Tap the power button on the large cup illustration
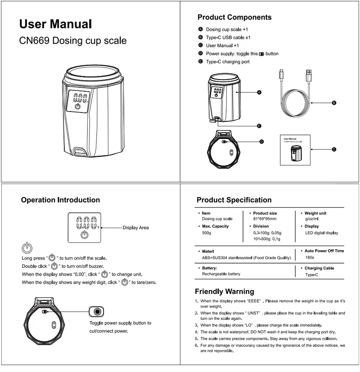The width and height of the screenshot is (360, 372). (x=77, y=108)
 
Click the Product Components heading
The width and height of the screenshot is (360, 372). (x=234, y=18)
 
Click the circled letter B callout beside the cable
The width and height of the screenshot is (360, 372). (x=334, y=103)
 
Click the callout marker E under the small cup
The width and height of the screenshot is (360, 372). (x=259, y=126)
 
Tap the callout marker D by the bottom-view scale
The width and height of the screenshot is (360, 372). (x=261, y=142)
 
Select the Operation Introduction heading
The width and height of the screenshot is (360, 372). (x=60, y=200)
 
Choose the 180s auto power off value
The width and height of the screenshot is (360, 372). (x=310, y=257)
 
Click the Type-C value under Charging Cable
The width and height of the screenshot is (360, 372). (x=312, y=274)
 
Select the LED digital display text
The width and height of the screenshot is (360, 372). (x=321, y=233)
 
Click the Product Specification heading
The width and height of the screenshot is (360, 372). (x=234, y=200)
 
